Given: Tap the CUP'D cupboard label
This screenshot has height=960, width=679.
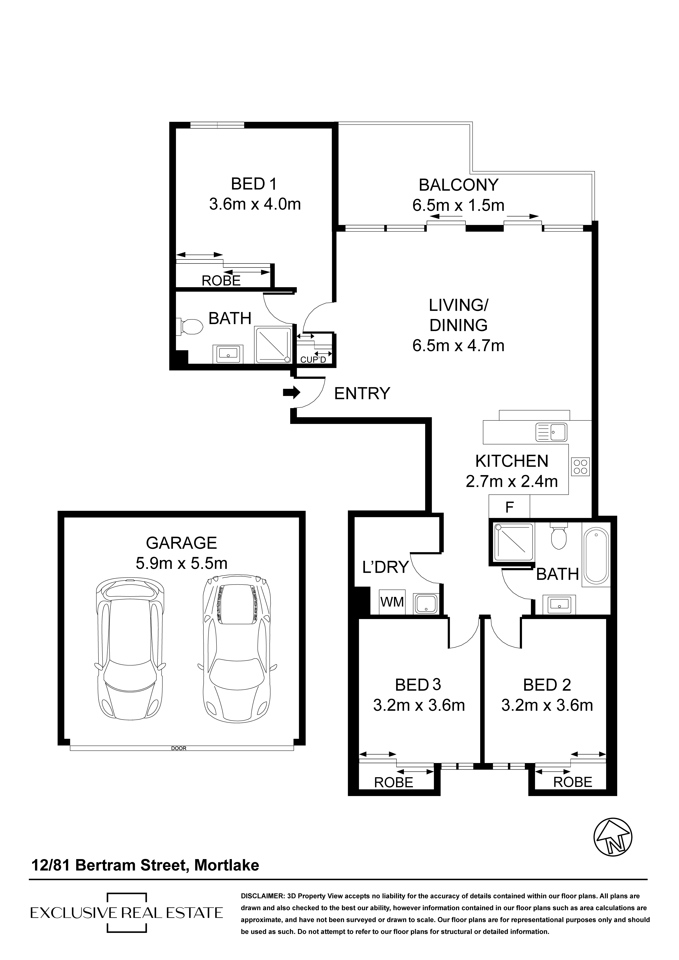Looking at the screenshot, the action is (x=313, y=360).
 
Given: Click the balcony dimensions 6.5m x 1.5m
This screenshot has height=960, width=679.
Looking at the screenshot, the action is (x=458, y=205).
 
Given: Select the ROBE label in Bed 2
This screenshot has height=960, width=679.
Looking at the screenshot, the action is (x=573, y=782).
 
